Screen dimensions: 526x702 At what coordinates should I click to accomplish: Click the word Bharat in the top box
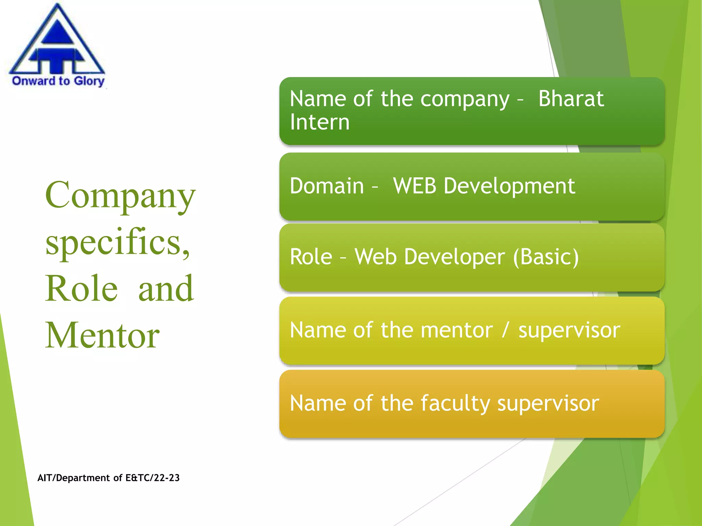[x=571, y=99]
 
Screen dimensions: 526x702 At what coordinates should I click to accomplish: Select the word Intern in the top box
[x=319, y=122]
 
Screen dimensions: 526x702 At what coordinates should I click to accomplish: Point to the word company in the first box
[x=465, y=99]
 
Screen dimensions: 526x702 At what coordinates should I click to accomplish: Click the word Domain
[x=327, y=186]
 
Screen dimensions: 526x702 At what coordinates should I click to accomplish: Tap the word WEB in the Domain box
[x=414, y=186]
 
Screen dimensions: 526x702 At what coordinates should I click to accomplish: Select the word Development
[x=509, y=187]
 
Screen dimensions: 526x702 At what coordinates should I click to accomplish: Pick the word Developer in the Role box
[x=454, y=257]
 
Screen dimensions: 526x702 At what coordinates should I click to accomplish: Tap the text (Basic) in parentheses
[x=546, y=257]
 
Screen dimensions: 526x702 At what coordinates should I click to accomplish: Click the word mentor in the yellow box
[x=457, y=330]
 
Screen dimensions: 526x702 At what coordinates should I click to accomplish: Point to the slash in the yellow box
[x=505, y=330]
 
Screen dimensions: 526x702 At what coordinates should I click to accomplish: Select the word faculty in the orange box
[x=455, y=403]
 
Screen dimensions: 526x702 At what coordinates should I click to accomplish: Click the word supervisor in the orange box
[x=548, y=403]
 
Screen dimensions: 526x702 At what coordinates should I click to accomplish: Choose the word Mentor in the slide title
[x=102, y=335]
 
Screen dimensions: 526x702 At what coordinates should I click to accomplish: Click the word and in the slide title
[x=166, y=288]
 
